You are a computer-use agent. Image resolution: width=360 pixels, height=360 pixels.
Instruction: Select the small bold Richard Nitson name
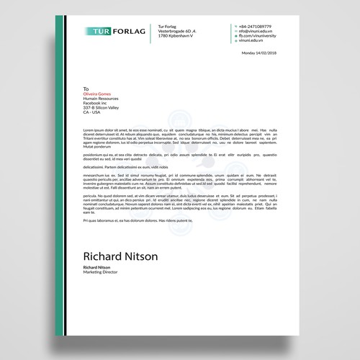99,268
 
